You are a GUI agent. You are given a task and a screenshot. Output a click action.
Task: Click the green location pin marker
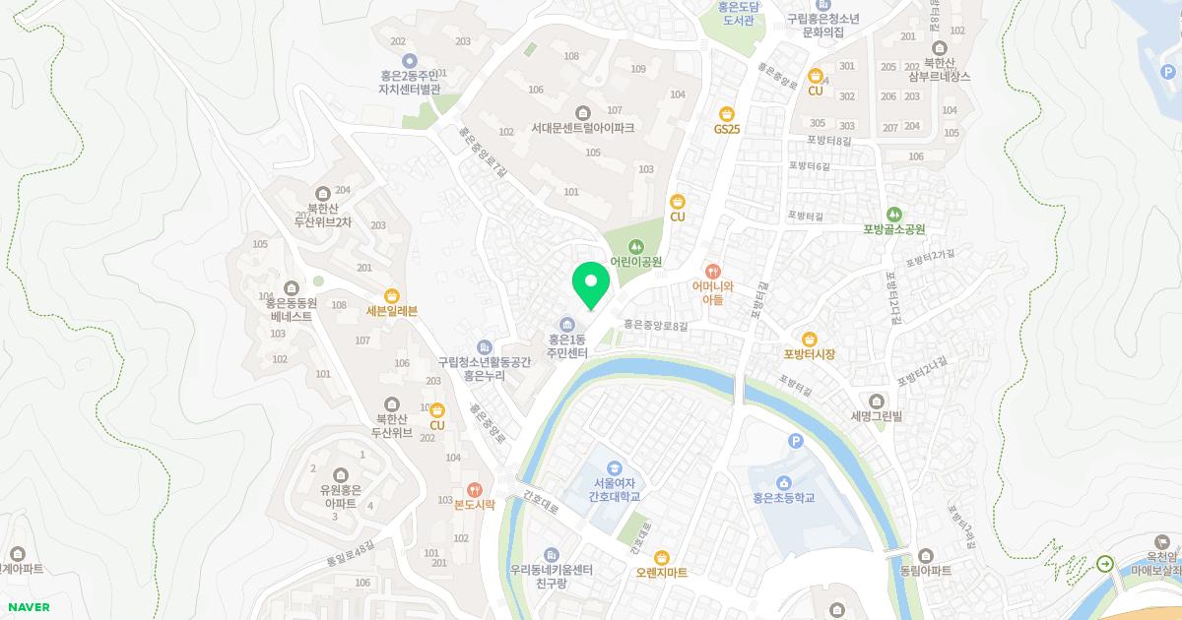click(591, 285)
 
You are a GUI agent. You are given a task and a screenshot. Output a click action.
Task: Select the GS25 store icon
click(727, 113)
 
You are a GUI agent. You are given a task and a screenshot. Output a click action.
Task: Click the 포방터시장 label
click(810, 354)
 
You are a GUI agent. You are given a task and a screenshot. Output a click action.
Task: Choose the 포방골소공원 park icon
click(894, 214)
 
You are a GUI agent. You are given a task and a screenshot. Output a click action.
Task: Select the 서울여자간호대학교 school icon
click(615, 468)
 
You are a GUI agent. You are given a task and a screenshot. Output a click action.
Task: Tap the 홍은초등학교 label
click(784, 498)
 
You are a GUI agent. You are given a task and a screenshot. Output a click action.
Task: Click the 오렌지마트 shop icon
click(662, 557)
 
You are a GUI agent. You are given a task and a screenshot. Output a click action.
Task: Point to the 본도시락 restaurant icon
click(474, 489)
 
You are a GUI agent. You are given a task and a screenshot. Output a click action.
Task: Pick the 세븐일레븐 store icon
click(391, 295)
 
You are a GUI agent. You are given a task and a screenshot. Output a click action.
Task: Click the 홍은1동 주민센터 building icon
click(567, 326)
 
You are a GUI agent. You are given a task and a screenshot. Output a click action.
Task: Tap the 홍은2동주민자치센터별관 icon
click(410, 60)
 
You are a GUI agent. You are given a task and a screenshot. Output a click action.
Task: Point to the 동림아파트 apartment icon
click(925, 556)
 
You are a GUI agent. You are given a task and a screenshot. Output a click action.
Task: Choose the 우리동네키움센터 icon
click(551, 555)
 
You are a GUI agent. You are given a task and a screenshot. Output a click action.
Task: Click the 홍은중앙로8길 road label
click(655, 324)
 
